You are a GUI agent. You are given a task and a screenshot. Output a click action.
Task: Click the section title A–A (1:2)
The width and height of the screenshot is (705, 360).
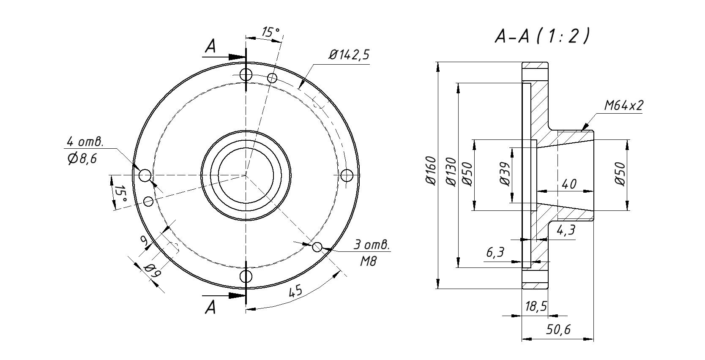[x=542, y=37]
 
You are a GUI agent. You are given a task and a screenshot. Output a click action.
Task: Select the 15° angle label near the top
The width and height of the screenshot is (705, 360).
[x=271, y=32]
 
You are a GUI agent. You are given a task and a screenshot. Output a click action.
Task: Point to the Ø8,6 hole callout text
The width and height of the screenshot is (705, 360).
[x=82, y=159]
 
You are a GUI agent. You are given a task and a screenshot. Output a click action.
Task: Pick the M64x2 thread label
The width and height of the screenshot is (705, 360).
[x=623, y=106]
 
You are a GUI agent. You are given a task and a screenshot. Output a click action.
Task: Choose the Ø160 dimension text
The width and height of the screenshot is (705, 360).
[x=430, y=171]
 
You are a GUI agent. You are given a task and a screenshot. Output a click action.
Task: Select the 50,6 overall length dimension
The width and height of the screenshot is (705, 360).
[x=558, y=330]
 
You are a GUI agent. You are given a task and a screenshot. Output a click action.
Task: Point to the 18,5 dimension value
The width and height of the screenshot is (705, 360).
[x=536, y=306]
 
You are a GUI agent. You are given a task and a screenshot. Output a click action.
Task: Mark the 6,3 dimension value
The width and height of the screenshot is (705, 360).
[x=495, y=253]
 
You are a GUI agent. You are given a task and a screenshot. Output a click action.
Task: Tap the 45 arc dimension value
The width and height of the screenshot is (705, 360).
[x=296, y=291]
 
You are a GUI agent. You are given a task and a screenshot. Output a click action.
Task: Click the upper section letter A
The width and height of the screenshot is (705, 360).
[x=210, y=47]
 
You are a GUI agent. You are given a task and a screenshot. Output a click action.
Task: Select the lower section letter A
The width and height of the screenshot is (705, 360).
[x=210, y=307]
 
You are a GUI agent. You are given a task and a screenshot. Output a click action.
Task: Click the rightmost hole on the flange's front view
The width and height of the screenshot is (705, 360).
[x=347, y=175]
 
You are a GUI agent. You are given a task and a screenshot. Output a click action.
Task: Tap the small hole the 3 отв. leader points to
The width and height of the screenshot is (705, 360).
[x=317, y=247]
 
